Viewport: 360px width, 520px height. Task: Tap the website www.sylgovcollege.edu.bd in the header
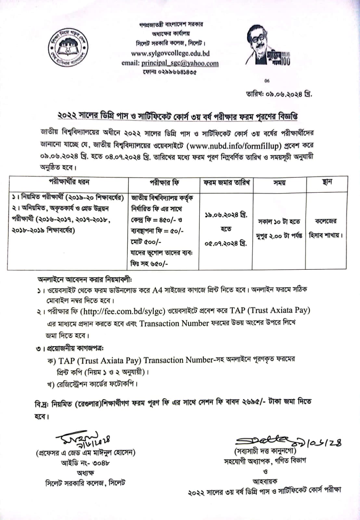click(x=170, y=53)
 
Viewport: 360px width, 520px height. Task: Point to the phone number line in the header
click(x=169, y=72)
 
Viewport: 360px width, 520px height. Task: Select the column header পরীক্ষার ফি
click(x=164, y=183)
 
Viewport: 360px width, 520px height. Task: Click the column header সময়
click(x=279, y=183)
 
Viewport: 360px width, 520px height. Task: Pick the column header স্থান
click(x=327, y=182)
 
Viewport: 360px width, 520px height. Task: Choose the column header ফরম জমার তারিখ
click(x=226, y=183)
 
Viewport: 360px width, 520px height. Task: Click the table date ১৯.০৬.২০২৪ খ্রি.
click(x=226, y=215)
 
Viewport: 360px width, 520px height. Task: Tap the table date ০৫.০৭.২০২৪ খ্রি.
click(x=226, y=243)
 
